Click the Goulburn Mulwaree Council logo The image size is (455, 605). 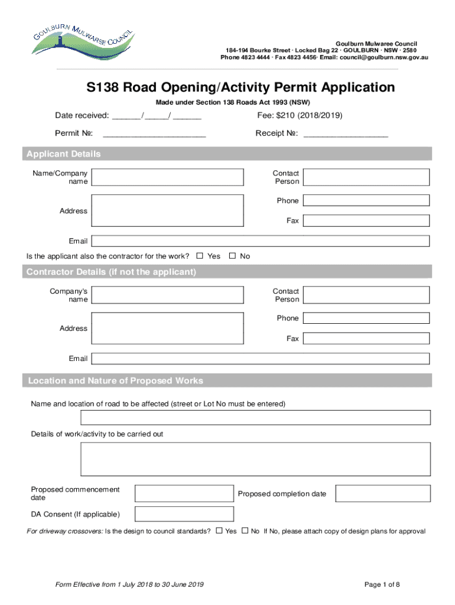pos(83,41)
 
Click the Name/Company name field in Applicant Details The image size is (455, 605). pos(168,177)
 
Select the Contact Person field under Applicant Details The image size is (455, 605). pos(366,177)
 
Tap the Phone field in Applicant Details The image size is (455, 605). pos(366,201)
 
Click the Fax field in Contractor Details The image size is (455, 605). pos(366,339)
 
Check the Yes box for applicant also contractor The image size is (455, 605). pos(200,256)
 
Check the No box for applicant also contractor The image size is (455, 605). pos(232,256)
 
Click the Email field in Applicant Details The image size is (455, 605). pos(260,241)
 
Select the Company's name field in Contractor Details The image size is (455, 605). pos(168,295)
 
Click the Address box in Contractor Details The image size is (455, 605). pos(168,328)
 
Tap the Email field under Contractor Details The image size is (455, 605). pos(260,359)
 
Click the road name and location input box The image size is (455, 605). pos(255,418)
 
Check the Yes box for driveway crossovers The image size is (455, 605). pos(219,531)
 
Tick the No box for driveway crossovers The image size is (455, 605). pos(245,531)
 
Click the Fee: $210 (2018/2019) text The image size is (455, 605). pos(299,115)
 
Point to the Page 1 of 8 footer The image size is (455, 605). pos(382,584)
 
